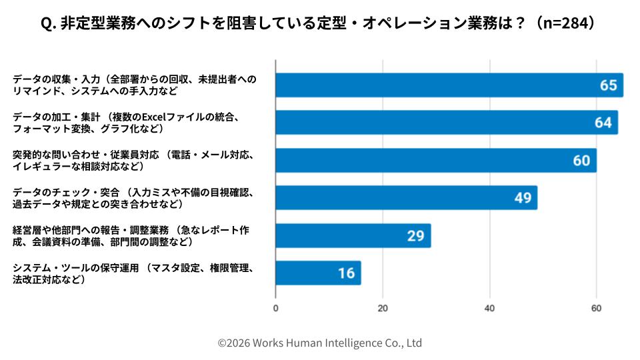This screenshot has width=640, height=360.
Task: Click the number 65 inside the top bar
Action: (x=608, y=85)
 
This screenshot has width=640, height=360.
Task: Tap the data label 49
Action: (x=522, y=198)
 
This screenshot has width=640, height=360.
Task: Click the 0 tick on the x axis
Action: (x=276, y=308)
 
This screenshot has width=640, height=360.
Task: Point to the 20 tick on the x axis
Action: (x=383, y=308)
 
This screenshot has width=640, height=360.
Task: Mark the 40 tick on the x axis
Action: (x=490, y=308)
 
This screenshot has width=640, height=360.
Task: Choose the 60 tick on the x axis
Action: (x=597, y=308)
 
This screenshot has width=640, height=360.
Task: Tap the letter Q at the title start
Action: (x=47, y=23)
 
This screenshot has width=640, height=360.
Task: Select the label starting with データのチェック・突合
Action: (x=133, y=198)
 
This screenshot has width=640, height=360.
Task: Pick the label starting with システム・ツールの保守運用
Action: (x=133, y=273)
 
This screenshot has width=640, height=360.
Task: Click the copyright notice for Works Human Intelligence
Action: (x=320, y=343)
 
